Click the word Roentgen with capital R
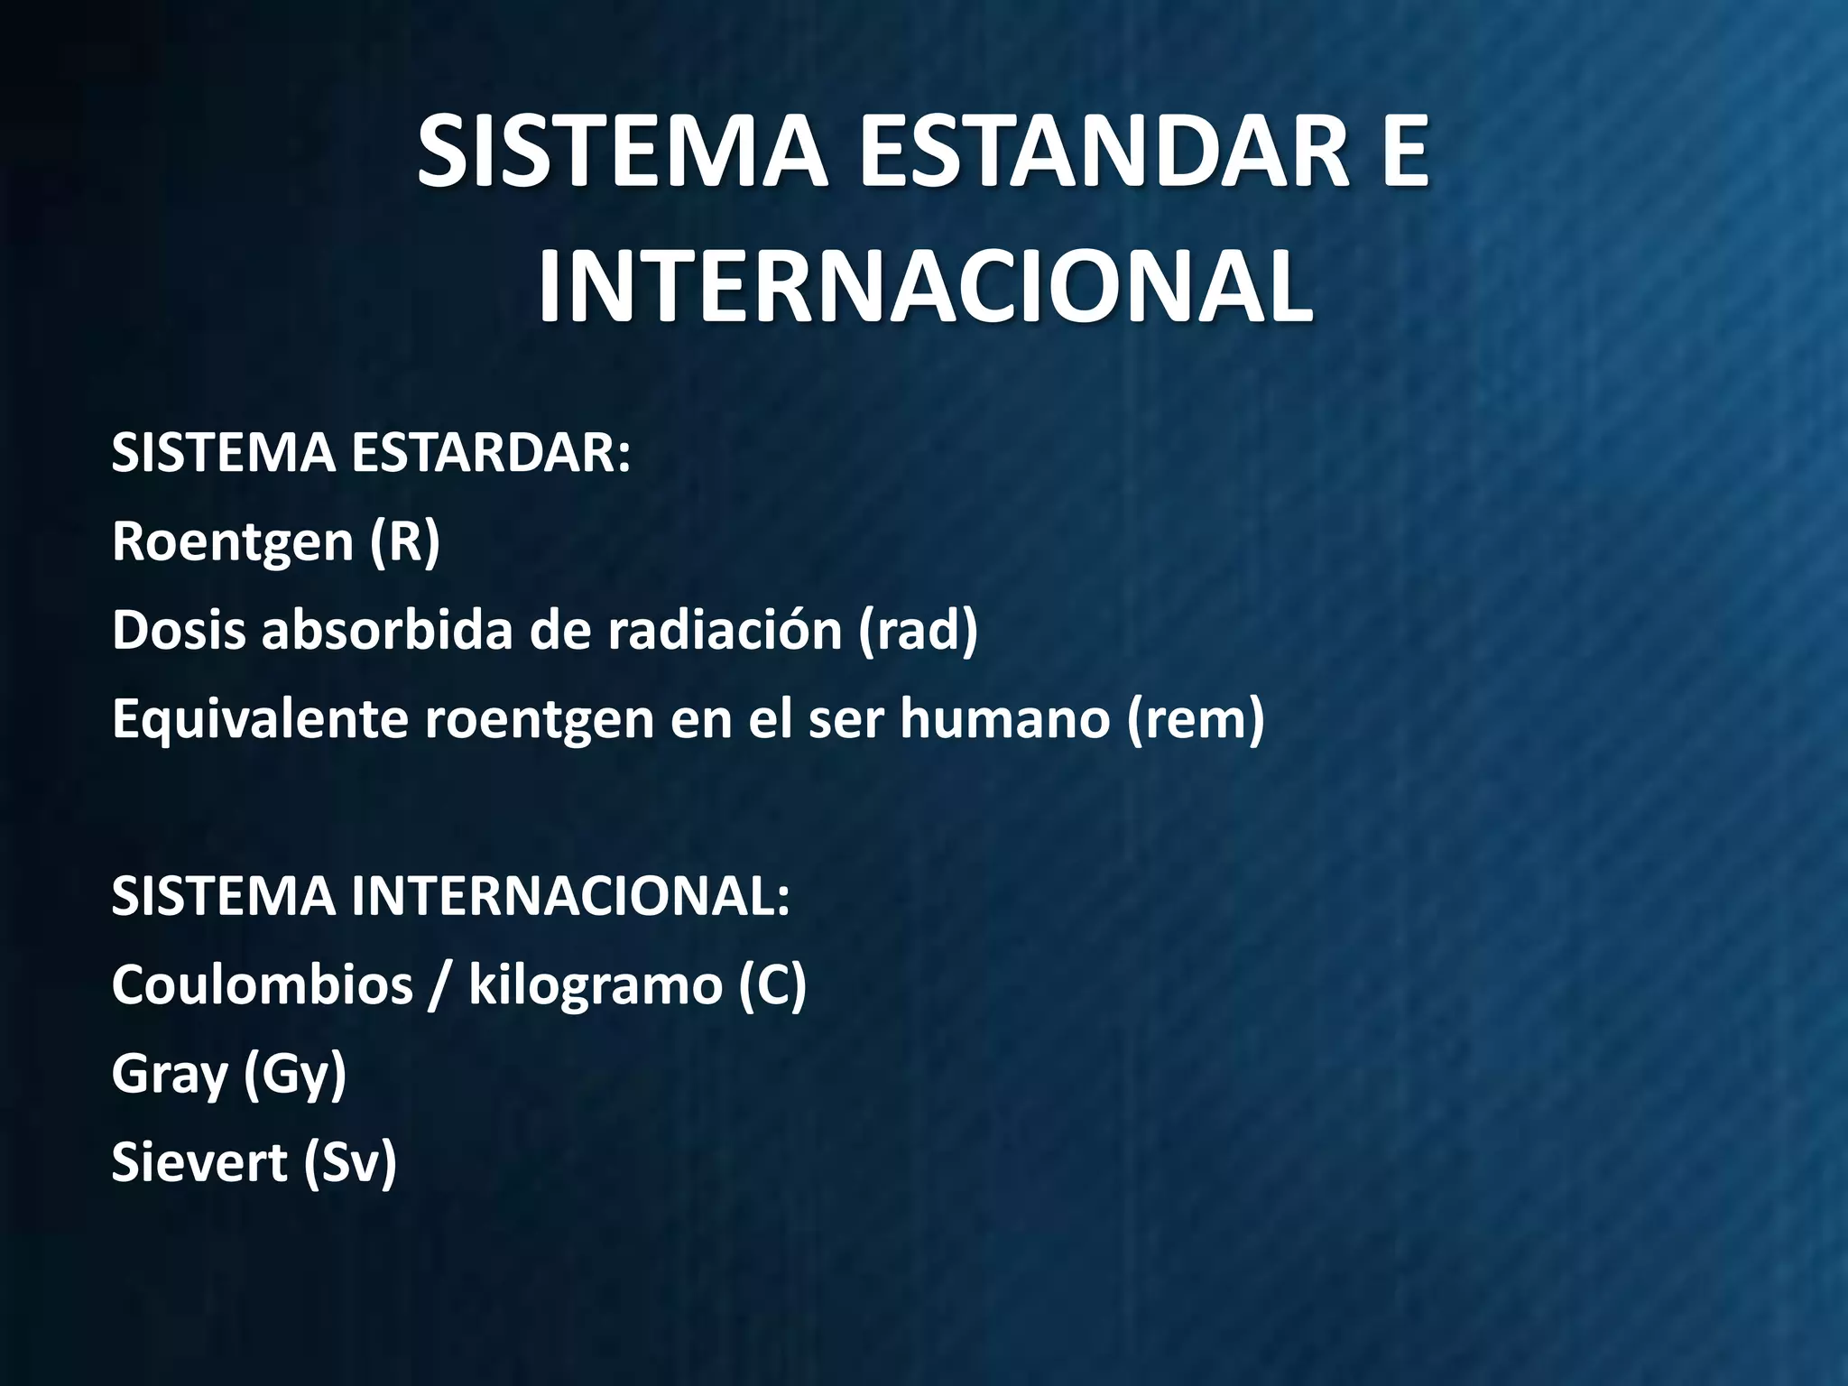233,542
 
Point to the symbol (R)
404,542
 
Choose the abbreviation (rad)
918,630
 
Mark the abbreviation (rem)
1196,719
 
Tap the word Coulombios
262,984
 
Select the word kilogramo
596,984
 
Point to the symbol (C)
772,984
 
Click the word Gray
169,1074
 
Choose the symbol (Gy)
295,1074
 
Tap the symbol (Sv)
349,1162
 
